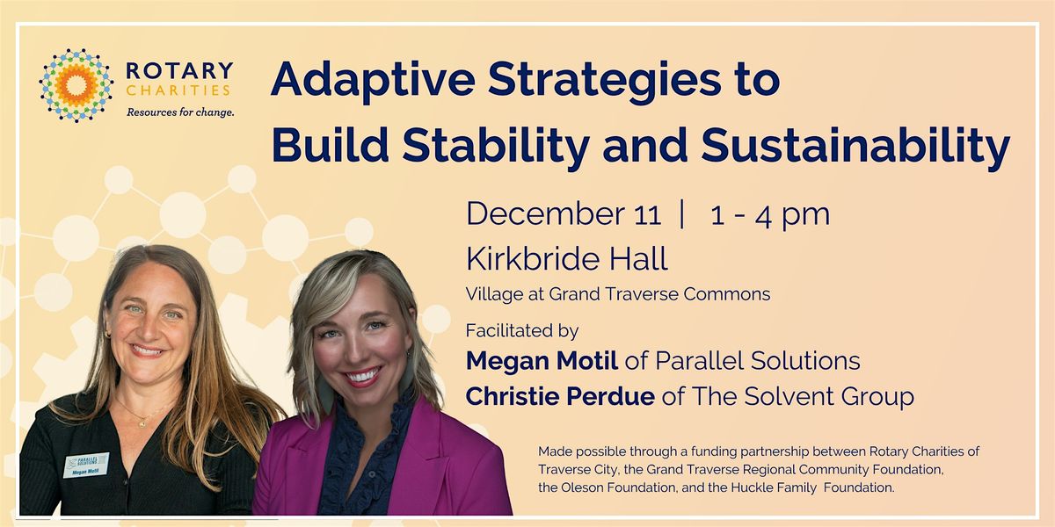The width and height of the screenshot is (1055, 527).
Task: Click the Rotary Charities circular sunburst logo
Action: point(76,84)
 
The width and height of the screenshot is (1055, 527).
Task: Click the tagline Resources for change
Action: point(180,112)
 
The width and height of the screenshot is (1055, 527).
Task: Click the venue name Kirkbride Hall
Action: point(567,259)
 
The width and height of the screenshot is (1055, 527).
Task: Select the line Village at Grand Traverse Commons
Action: point(618,294)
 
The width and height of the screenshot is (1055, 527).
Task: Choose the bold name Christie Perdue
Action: point(558,397)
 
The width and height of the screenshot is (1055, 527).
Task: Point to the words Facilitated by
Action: point(522,331)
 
